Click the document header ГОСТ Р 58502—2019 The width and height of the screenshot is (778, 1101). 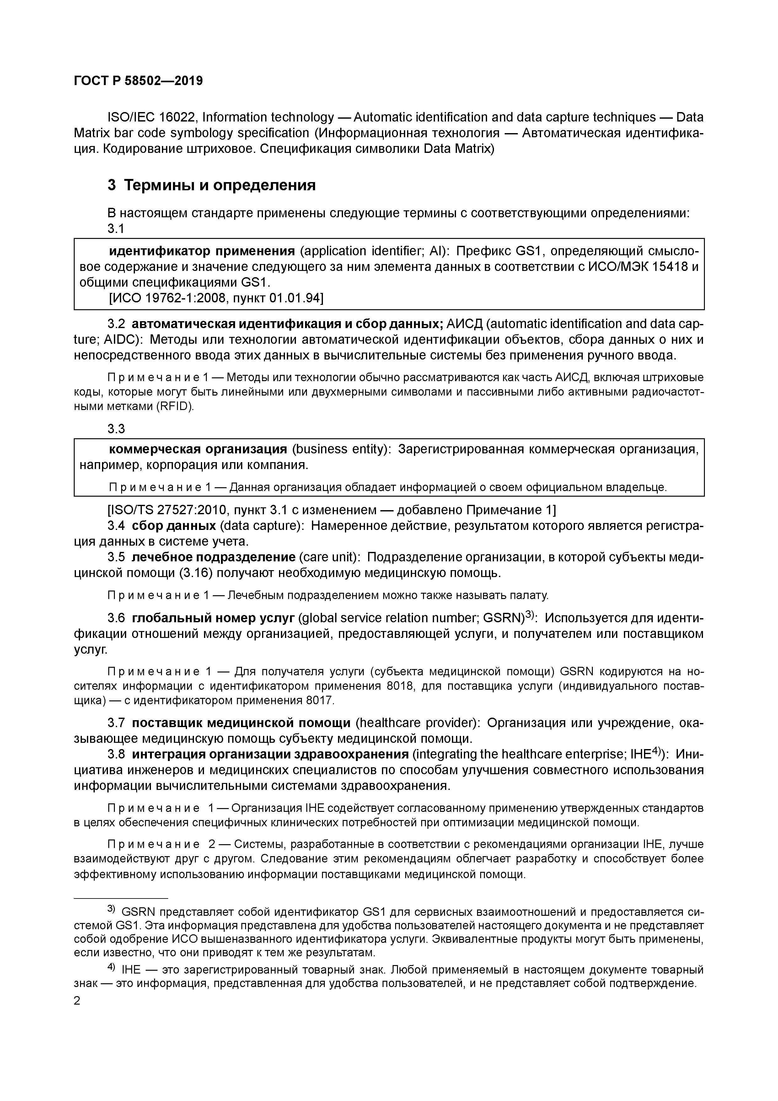(138, 81)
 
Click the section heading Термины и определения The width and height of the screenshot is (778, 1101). (220, 185)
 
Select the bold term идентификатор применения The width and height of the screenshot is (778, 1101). (202, 251)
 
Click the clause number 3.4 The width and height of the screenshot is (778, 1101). (116, 526)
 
